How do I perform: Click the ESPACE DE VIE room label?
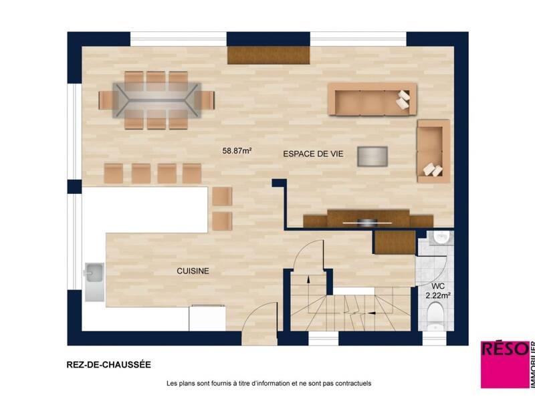313,154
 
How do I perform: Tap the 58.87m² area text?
237,151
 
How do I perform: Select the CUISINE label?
193,271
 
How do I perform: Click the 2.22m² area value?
438,295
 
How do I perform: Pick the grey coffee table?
372,156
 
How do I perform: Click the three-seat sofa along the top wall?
371,99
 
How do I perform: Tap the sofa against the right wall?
433,150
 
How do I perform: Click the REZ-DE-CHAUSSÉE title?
108,365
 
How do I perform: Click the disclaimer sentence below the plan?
269,384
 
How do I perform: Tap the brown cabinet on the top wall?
268,55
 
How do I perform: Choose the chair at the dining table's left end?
107,100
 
